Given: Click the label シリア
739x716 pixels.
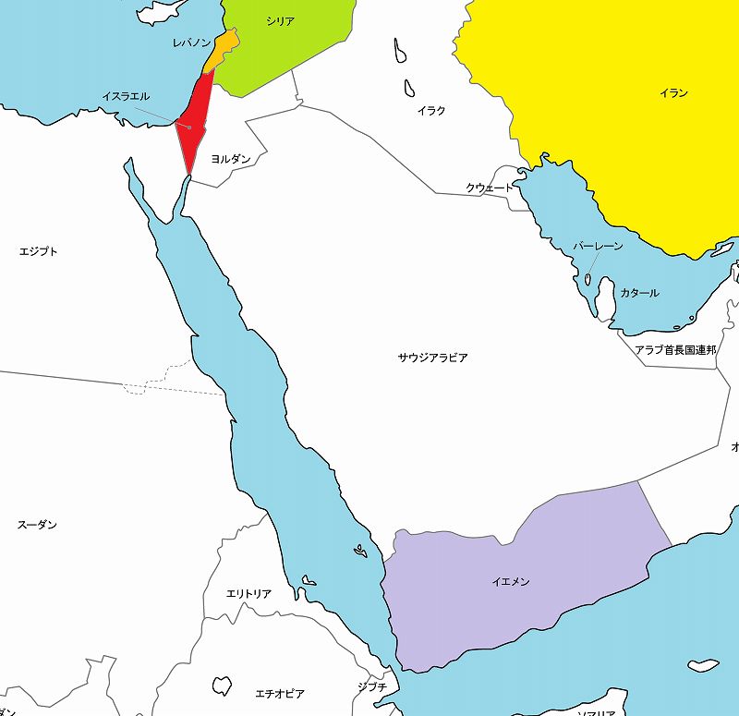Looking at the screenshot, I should tap(280, 20).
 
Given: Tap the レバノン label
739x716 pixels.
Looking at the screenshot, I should tap(192, 43).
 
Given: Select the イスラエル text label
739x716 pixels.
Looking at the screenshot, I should tap(125, 96).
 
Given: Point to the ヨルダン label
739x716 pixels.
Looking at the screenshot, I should tap(231, 159).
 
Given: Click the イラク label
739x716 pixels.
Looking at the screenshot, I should tap(431, 111).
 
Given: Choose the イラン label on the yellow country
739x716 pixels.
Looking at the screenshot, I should tap(674, 93).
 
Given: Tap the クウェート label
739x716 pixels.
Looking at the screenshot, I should tap(489, 188).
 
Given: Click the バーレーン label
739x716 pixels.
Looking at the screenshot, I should tap(598, 247).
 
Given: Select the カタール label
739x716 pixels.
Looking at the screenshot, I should tap(639, 293).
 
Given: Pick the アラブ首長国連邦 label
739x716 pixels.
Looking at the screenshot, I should tap(675, 350).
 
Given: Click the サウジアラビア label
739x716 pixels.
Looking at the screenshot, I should tap(432, 358).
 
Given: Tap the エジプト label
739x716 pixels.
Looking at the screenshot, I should tap(39, 251).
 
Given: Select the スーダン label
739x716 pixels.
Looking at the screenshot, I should tap(37, 525).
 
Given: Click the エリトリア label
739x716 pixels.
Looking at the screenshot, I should tap(248, 594).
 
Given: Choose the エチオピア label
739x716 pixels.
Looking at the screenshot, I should tap(280, 693).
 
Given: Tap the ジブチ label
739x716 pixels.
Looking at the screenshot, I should tap(372, 687).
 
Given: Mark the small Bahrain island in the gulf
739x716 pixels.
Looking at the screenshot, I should tap(588, 276).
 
